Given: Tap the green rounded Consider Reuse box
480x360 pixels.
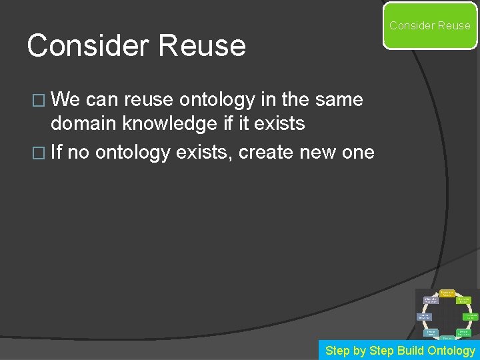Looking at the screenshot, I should point(430,25).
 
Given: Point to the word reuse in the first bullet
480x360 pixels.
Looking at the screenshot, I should point(149,100).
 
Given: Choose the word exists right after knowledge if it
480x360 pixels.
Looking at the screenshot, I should point(276,124).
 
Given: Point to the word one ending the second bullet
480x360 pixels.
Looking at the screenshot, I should point(359,152).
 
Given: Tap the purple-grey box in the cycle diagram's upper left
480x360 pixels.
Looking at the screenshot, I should point(431,301).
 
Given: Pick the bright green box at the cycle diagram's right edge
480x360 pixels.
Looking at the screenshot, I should point(471,316).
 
